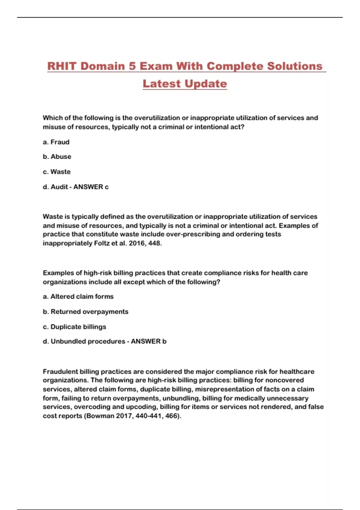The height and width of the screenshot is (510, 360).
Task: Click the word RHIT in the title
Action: (x=62, y=66)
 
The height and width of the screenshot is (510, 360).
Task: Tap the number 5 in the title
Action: (x=132, y=66)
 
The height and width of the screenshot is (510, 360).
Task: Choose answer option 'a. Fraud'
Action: (x=56, y=142)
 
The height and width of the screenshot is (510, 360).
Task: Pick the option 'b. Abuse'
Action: (x=57, y=157)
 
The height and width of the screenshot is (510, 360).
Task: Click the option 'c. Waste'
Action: (x=57, y=172)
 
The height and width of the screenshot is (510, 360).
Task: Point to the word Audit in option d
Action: (x=59, y=187)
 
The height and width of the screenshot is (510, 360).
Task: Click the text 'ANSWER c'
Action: (x=91, y=187)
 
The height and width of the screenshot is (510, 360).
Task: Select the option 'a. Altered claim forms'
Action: (x=78, y=296)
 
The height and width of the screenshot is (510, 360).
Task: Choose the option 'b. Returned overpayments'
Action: (x=85, y=312)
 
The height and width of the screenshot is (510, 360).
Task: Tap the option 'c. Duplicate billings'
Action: (x=74, y=327)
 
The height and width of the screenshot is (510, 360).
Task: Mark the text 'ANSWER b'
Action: (x=148, y=341)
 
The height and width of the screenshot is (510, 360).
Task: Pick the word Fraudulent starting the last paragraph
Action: (x=60, y=372)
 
